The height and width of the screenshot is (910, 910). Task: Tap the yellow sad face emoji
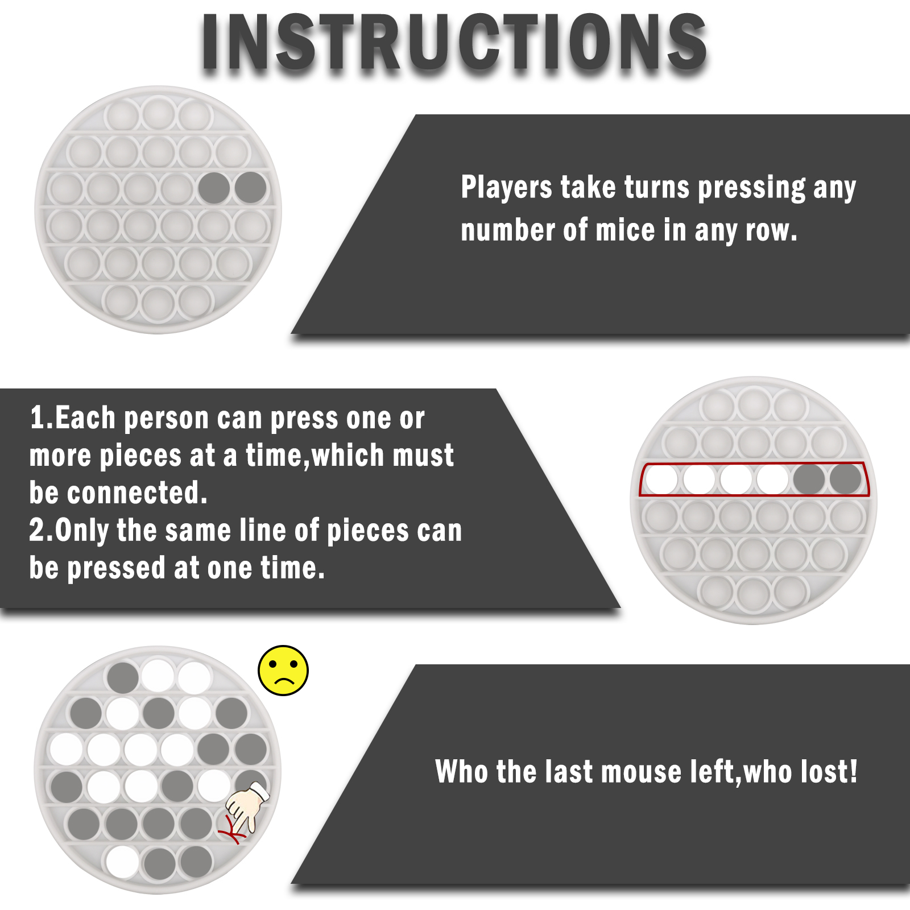point(283,671)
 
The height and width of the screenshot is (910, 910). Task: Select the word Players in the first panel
point(506,187)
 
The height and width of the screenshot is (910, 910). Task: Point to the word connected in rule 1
point(137,493)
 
